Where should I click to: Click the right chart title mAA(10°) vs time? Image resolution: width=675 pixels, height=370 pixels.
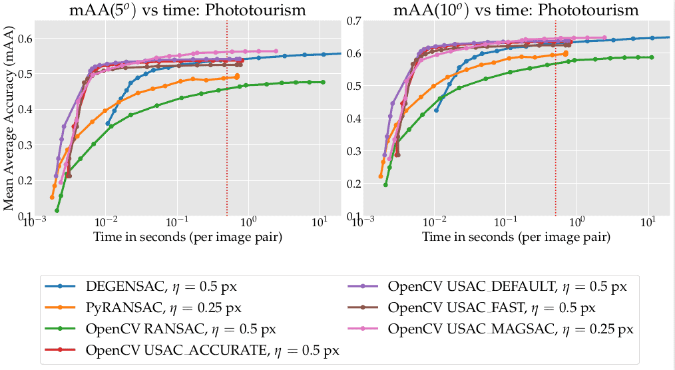[x=517, y=10]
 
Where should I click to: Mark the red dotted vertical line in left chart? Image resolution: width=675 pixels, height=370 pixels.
[x=227, y=133]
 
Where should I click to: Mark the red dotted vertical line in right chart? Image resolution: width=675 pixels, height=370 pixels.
[x=556, y=133]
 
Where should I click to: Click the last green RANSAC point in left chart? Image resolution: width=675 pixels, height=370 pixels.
[x=323, y=82]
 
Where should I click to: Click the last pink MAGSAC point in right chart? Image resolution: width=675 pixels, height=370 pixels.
[x=604, y=38]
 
